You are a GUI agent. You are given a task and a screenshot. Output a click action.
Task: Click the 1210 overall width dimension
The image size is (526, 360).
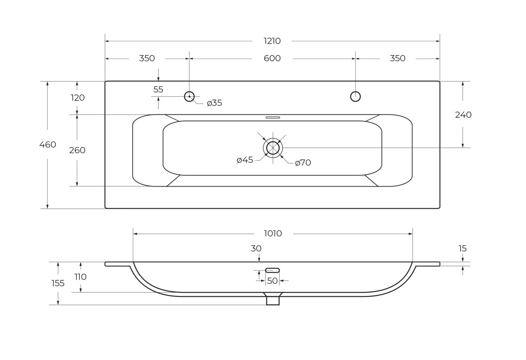272,41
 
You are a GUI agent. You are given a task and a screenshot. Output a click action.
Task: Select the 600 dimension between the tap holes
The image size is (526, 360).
272,58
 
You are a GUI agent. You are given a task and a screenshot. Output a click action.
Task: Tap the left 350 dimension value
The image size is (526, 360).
147,58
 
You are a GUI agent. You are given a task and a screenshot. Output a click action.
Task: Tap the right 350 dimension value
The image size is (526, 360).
397,58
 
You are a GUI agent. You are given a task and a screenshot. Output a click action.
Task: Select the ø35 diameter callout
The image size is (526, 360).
214,103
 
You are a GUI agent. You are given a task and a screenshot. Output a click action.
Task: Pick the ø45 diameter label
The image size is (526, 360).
245,160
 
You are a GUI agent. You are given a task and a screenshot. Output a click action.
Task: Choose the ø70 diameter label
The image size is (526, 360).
303,163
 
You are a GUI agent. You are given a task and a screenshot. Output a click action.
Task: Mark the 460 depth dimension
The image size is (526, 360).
48,144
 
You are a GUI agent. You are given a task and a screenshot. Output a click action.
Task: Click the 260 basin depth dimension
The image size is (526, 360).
77,150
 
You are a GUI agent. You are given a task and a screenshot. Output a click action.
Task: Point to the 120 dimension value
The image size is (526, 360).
78,97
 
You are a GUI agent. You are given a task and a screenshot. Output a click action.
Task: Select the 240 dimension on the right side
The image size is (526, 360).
463,115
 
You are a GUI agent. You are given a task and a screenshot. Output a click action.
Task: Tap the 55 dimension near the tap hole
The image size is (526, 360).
158,89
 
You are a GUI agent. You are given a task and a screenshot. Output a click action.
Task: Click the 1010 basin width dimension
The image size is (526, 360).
273,233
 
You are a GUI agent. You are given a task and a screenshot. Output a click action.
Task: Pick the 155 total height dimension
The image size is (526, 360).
58,283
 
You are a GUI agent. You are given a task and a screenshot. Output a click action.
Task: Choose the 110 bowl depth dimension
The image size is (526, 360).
81,277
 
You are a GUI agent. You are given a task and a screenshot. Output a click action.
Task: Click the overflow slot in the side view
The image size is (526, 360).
272,270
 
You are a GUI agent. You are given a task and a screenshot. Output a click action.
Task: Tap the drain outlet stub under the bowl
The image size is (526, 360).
273,301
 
